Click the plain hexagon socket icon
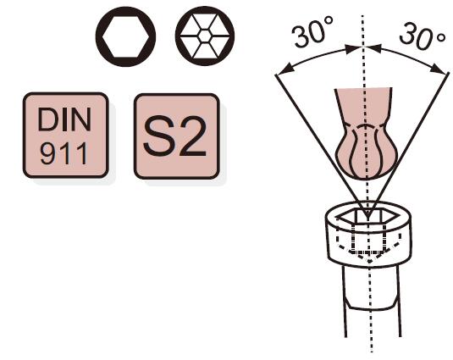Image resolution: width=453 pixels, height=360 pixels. coord(125,36)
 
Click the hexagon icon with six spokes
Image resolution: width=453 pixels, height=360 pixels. coord(205,36)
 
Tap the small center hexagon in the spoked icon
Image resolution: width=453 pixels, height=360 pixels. coord(205,36)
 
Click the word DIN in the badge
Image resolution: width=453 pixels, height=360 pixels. coord(64,119)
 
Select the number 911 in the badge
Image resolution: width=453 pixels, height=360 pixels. coord(64,153)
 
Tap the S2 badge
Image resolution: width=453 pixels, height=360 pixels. coord(177,136)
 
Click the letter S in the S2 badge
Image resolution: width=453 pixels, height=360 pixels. coord(158,136)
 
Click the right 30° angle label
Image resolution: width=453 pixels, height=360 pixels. coord(423,36)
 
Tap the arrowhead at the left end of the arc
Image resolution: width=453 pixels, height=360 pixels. coord(286,69)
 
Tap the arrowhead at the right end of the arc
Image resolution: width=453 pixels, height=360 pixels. coord(438,69)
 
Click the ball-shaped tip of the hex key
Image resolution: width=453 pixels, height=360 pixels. coord(367,152)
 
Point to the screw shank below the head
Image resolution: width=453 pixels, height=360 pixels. coord(373,301)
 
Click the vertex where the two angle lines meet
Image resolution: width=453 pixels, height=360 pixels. coord(367,218)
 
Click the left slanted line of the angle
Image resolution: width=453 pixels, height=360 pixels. coord(321,147)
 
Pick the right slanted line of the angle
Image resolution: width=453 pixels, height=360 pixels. coord(408,145)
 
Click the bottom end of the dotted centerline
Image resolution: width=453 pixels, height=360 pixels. coord(372,352)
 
